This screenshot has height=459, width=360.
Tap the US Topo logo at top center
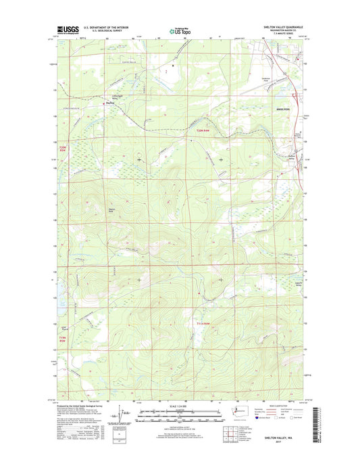point(180,30)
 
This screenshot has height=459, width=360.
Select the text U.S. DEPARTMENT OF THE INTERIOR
point(106,28)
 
